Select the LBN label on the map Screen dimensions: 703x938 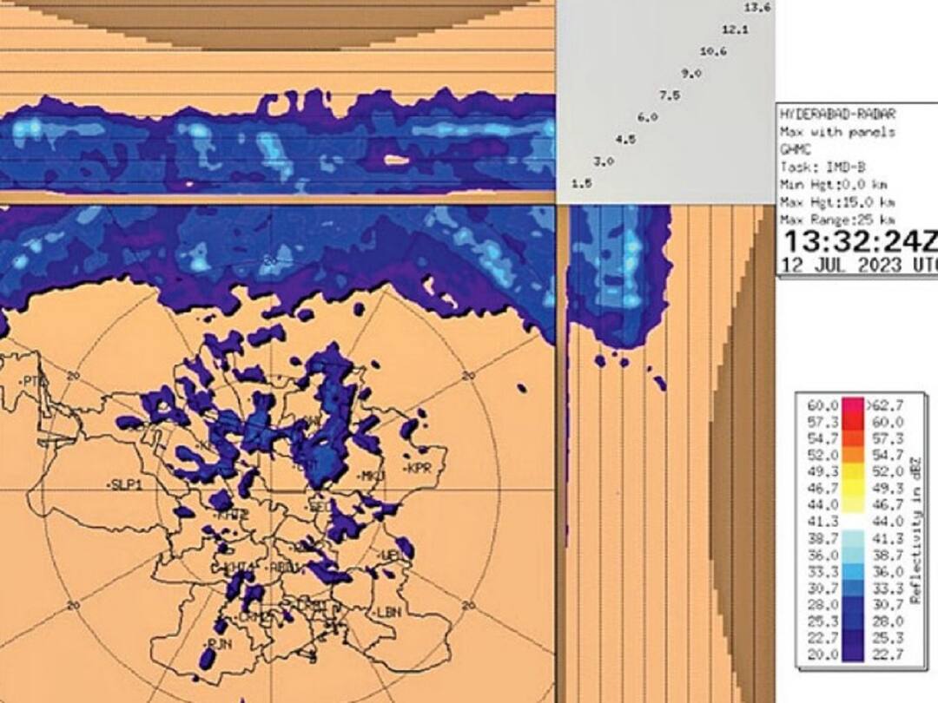coord(388,612)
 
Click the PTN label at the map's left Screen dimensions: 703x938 coord(32,380)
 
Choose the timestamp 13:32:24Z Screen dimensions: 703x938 coord(858,243)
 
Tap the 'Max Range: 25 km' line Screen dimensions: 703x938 coord(838,220)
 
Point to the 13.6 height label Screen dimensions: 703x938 coord(757,8)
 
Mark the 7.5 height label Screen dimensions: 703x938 coord(669,95)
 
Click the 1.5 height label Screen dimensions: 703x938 coord(581,183)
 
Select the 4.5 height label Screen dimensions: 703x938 coord(625,139)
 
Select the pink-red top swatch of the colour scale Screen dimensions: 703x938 coord(853,405)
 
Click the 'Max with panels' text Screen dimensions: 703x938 coord(838,132)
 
